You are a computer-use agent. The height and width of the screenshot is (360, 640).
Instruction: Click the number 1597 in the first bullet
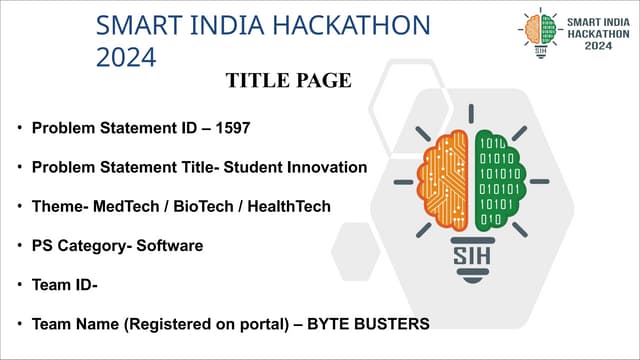(229, 129)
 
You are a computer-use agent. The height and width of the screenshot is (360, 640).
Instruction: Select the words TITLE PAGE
(288, 81)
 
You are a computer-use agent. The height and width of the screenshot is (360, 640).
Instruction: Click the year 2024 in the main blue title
(126, 57)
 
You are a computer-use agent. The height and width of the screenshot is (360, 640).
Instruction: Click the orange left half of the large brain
(445, 179)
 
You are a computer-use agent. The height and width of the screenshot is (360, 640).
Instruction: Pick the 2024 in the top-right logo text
(599, 46)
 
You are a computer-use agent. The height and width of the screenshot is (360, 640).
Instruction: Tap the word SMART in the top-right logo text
(583, 20)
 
